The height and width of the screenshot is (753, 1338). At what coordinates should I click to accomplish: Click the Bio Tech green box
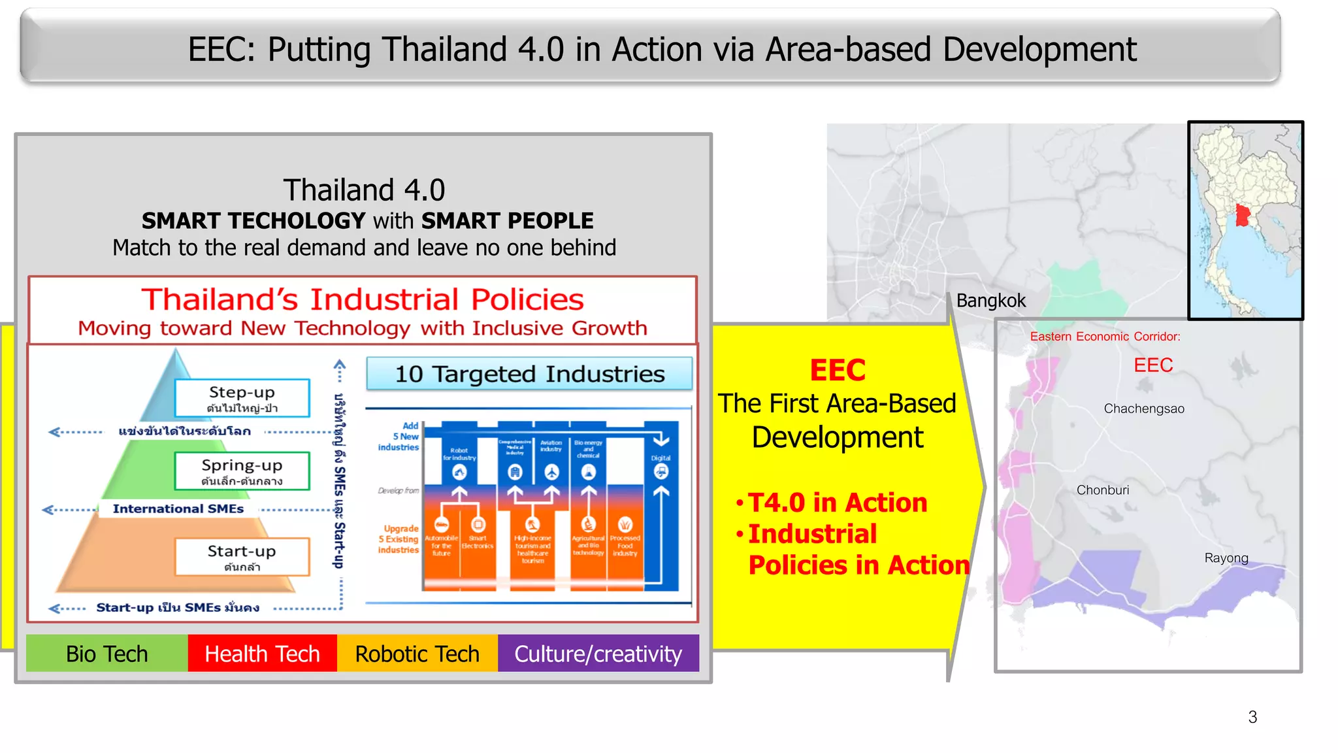pos(106,653)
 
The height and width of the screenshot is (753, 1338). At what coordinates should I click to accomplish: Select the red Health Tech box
pos(262,653)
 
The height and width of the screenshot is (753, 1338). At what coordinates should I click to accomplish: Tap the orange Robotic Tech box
pos(417,653)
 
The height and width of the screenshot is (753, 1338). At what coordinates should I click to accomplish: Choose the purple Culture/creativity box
pos(598,653)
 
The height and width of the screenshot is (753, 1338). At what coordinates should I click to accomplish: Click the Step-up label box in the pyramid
pos(242,398)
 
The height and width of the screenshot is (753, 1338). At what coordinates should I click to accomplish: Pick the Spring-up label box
pos(242,471)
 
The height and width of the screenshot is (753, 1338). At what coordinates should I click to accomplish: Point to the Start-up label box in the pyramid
pos(242,557)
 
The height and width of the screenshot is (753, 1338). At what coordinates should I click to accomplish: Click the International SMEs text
pos(178,509)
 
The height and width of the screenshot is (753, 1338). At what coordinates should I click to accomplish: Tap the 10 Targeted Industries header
pos(529,374)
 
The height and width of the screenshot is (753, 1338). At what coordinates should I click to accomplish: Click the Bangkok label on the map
pos(990,301)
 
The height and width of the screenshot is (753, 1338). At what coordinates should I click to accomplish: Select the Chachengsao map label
pos(1144,409)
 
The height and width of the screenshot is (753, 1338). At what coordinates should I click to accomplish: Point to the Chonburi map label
pos(1103,490)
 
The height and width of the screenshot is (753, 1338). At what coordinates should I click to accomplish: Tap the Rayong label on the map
pos(1226,558)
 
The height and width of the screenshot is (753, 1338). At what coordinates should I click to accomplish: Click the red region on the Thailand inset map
pos(1243,216)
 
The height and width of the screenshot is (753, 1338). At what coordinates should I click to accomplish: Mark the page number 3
pos(1252,717)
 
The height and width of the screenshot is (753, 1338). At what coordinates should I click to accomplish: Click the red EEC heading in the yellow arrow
pos(838,370)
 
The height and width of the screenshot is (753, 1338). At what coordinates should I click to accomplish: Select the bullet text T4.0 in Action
pos(837,503)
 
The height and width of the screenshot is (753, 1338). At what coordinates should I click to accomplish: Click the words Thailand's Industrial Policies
pos(363,299)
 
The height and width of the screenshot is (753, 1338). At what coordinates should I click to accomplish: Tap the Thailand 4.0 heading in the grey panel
pos(364,190)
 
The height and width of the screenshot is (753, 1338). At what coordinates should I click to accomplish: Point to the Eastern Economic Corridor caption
pos(1105,337)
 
